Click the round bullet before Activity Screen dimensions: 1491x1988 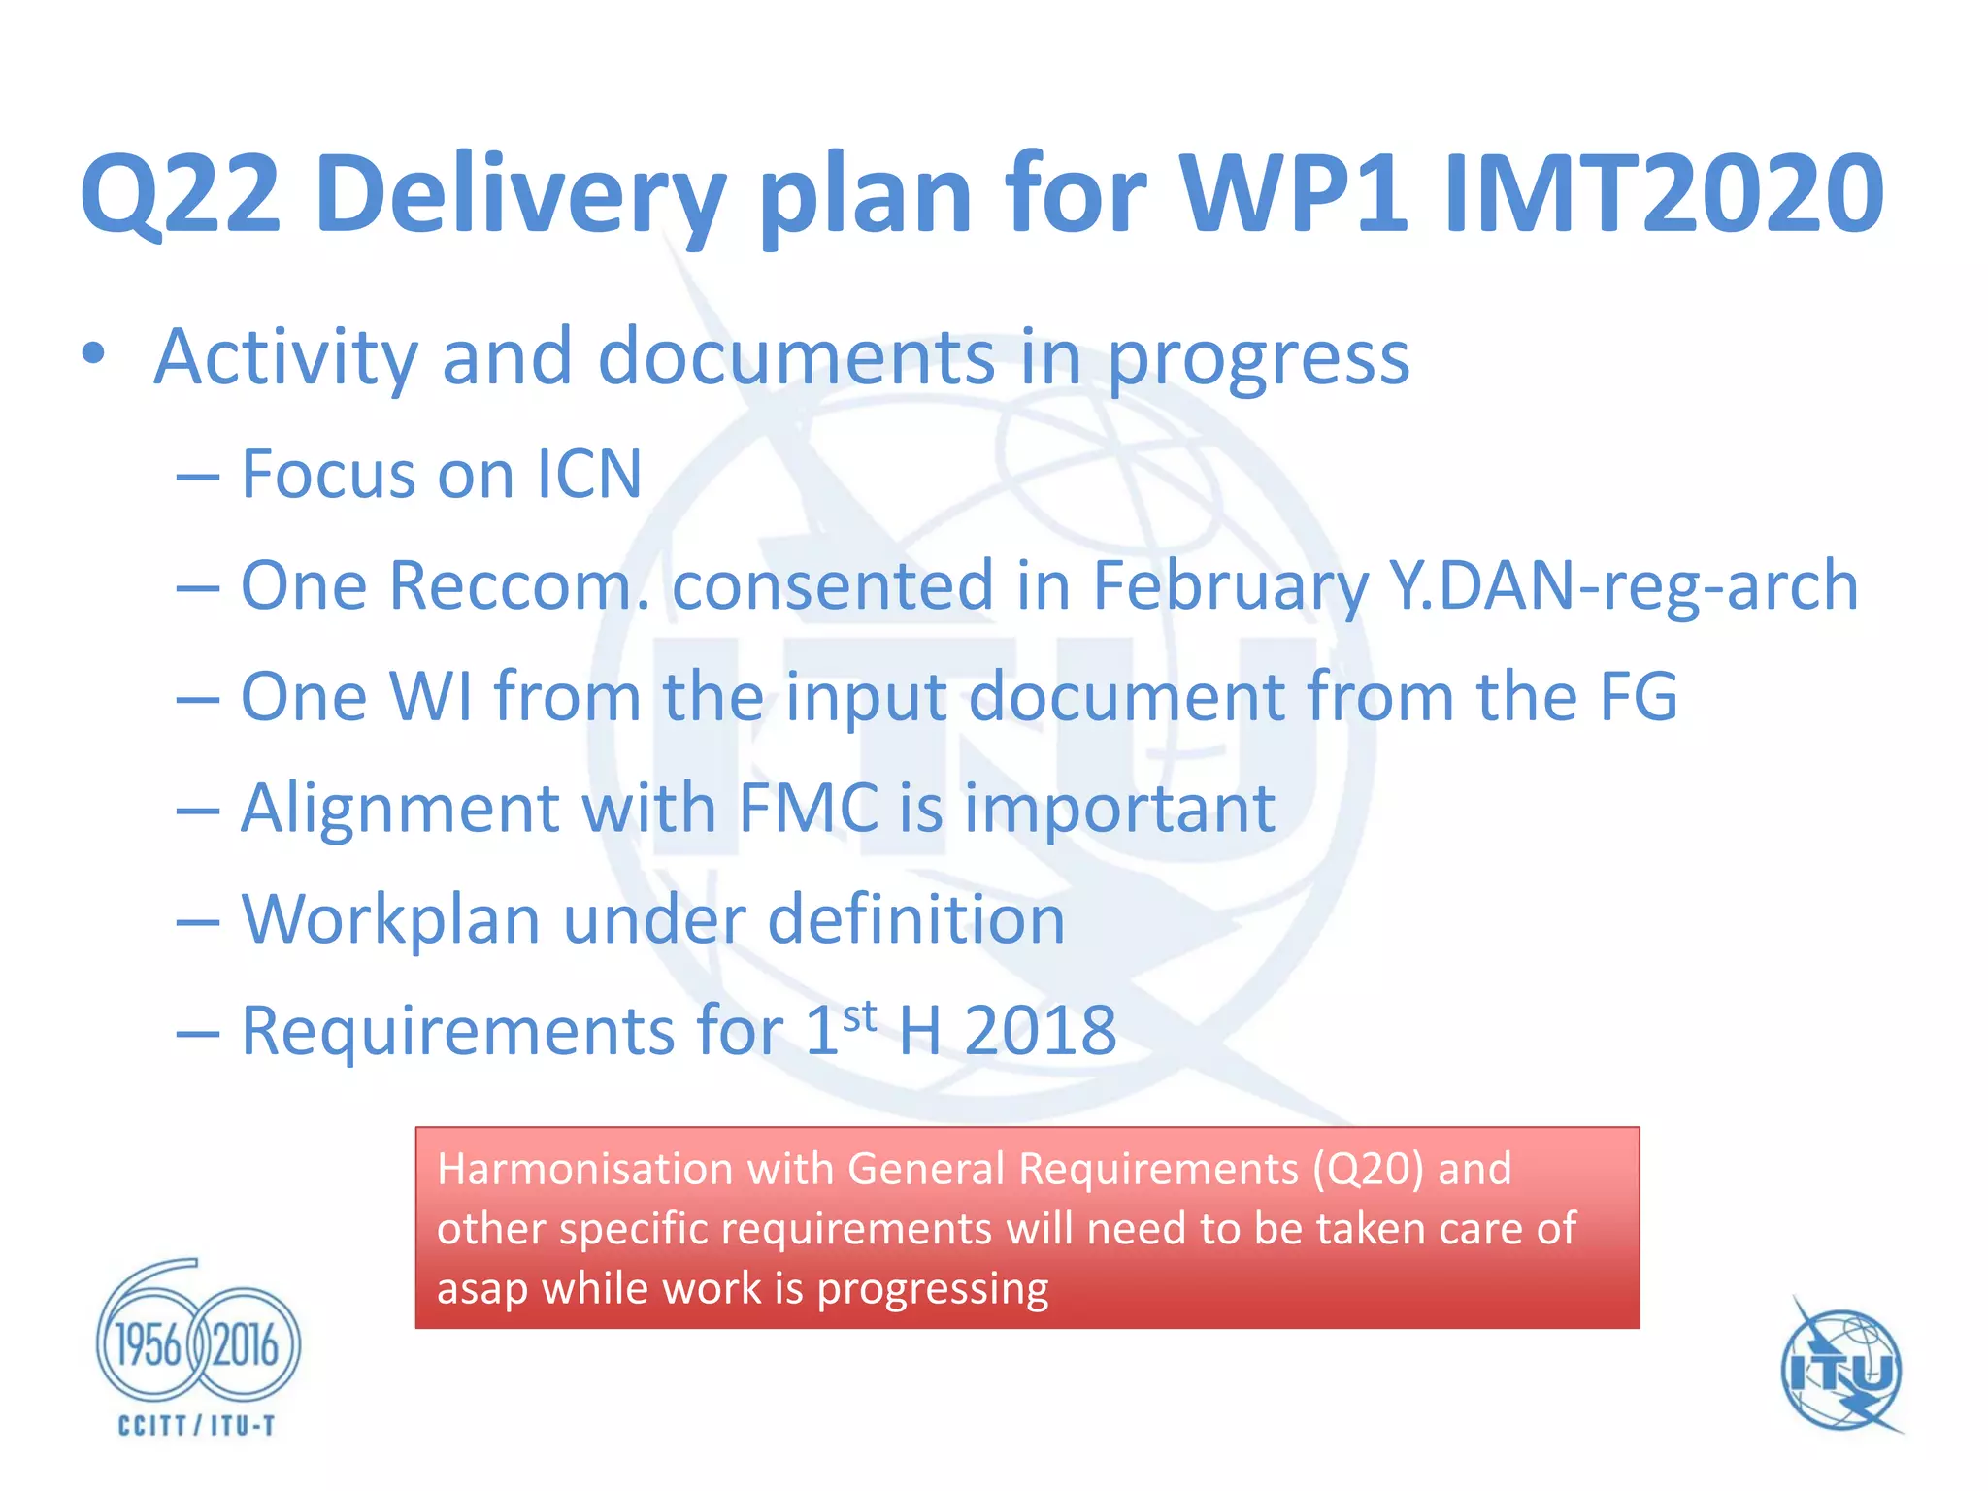click(x=93, y=355)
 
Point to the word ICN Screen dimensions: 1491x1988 click(x=588, y=475)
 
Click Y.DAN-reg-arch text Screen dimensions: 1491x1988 click(x=1623, y=585)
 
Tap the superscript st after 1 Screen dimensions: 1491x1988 click(x=860, y=1016)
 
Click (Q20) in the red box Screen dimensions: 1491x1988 click(x=1369, y=1169)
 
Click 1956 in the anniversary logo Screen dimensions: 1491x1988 click(x=149, y=1346)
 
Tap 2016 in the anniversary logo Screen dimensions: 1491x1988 click(x=246, y=1346)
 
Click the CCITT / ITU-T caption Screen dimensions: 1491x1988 click(x=197, y=1425)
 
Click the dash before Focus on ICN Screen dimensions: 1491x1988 click(x=197, y=477)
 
